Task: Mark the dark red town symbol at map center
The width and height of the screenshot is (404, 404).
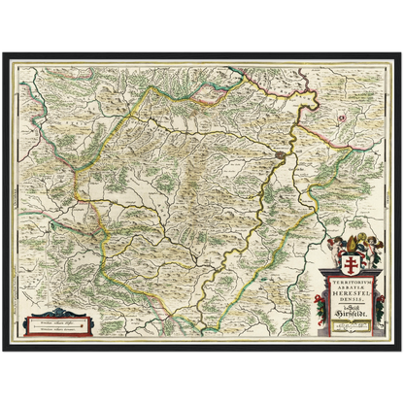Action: [281, 153]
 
